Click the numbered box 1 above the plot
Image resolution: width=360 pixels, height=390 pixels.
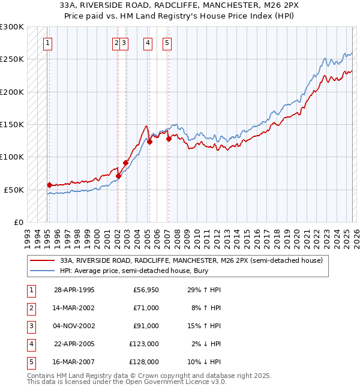point(47,43)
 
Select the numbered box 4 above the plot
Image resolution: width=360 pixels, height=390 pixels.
point(148,43)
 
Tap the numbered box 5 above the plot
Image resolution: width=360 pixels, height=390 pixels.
point(166,43)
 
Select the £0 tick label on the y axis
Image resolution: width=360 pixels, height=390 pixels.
point(18,222)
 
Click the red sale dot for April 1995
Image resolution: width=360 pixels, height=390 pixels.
point(49,185)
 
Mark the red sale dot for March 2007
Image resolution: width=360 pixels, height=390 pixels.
point(168,139)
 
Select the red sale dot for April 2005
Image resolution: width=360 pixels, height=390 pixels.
point(149,142)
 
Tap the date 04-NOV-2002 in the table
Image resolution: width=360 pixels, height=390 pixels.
point(74,326)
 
